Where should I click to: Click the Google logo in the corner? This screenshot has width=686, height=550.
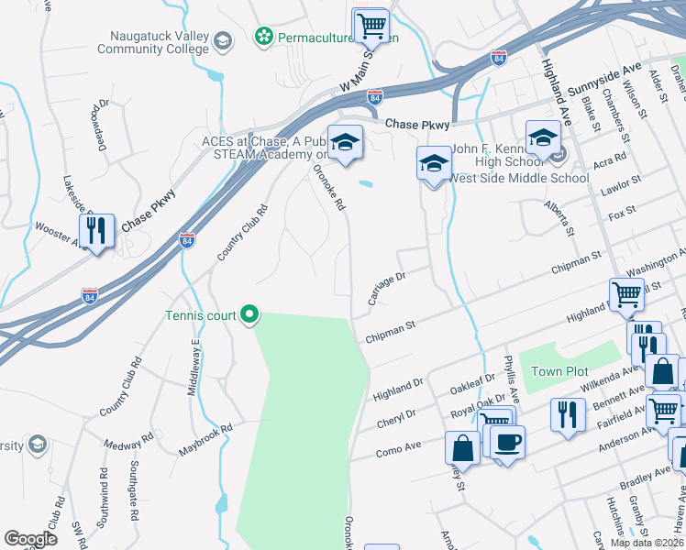pyautogui.click(x=30, y=539)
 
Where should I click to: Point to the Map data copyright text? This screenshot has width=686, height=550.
pyautogui.click(x=647, y=543)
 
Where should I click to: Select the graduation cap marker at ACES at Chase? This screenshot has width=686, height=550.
pyautogui.click(x=345, y=143)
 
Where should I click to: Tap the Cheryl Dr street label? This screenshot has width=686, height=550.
pyautogui.click(x=396, y=419)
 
